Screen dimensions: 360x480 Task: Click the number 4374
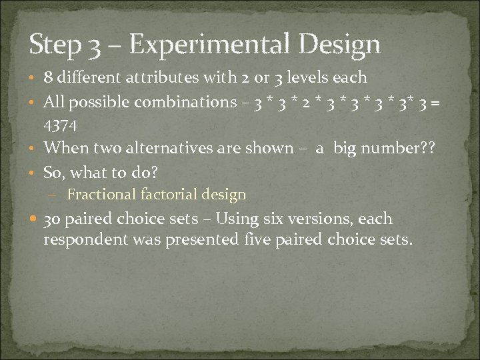tap(61, 126)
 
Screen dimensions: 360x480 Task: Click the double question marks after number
tap(427, 150)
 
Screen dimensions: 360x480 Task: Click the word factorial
tap(165, 195)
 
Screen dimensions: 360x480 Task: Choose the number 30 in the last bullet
tap(53, 219)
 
